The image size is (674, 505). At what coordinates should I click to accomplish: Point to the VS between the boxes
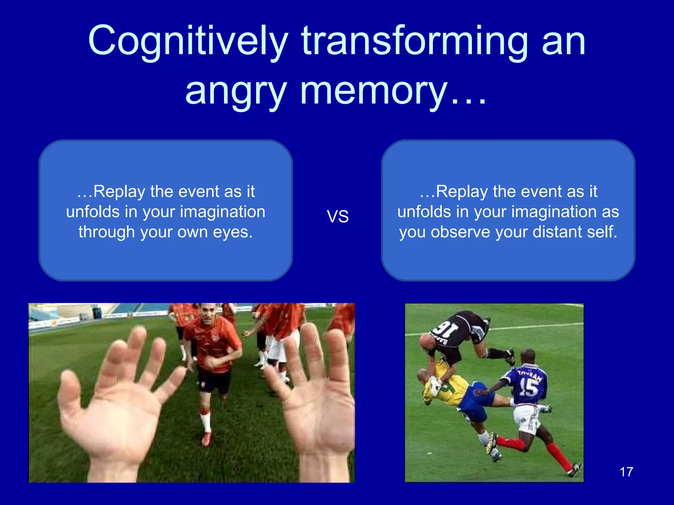click(x=338, y=216)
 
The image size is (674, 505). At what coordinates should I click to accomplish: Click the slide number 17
click(x=626, y=472)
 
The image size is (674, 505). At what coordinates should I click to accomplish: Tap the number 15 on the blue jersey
click(x=528, y=388)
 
